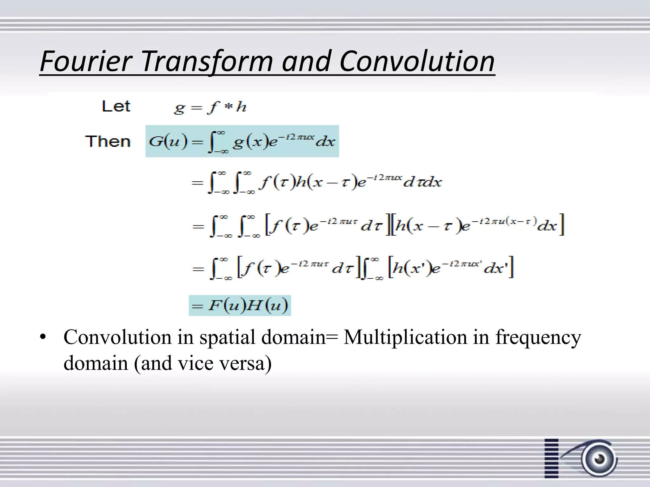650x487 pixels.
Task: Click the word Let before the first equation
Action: tap(116, 106)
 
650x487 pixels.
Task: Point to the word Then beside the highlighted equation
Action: tap(108, 141)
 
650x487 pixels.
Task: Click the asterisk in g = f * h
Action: tap(228, 107)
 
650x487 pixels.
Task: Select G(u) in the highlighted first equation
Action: tap(168, 141)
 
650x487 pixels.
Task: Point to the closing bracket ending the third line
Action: tap(561, 225)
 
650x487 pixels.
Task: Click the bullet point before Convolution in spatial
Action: tap(43, 337)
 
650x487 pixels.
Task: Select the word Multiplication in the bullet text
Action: tap(405, 337)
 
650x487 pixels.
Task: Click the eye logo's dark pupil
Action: tap(600, 459)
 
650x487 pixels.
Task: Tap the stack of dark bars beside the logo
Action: tap(551, 458)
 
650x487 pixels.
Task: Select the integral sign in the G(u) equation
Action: tap(212, 142)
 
